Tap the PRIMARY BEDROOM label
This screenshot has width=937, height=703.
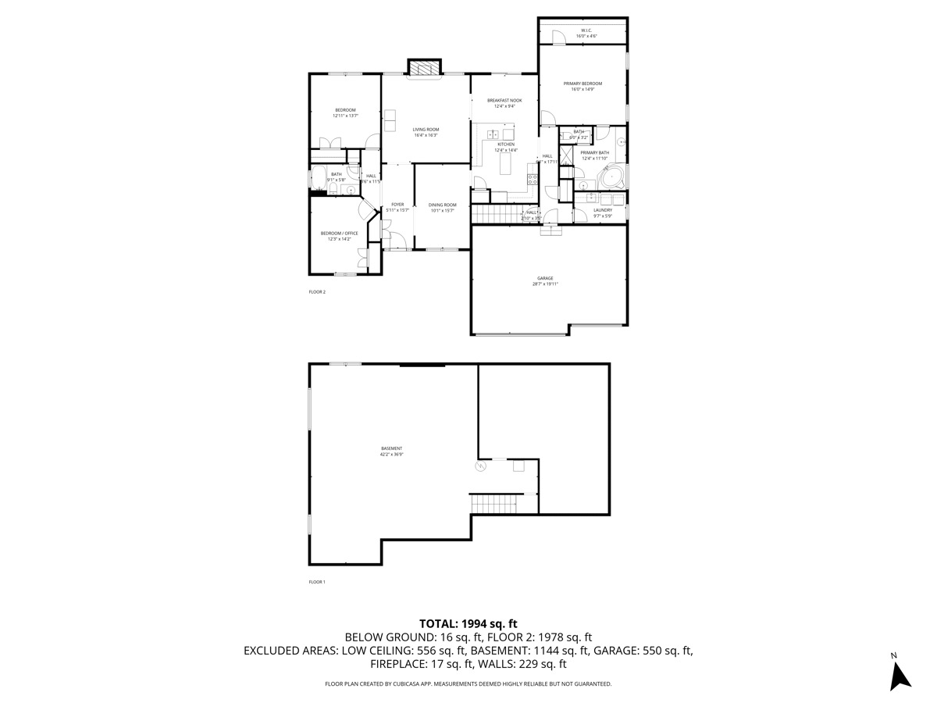[x=583, y=84]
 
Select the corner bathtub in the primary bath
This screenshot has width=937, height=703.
[x=610, y=177]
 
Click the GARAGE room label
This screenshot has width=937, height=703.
[x=545, y=278]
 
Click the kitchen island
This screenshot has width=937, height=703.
[x=505, y=164]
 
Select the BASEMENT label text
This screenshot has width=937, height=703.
[x=391, y=448]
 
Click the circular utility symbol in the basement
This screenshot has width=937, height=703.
[x=480, y=466]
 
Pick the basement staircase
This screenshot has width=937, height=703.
[x=496, y=504]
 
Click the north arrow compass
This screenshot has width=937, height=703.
[x=900, y=673]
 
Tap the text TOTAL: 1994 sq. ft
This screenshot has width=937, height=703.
[x=468, y=623]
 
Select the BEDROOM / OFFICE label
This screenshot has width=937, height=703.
[x=339, y=233]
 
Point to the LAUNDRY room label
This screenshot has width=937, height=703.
[x=602, y=209]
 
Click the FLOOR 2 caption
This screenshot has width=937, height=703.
[x=317, y=292]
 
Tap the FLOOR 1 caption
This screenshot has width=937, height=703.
[x=317, y=582]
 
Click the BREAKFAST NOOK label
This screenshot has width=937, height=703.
[x=504, y=100]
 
